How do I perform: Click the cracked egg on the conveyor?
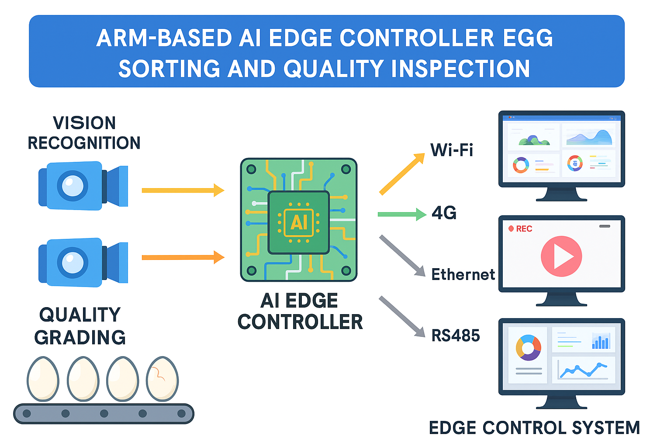tap(163, 379)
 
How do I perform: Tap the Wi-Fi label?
tap(451, 150)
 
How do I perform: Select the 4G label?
tap(444, 213)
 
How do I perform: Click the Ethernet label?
tap(463, 274)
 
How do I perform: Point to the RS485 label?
tap(455, 335)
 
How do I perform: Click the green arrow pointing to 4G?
tap(402, 214)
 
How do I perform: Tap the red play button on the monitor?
tap(561, 256)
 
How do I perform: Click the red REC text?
tap(524, 229)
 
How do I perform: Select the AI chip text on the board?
tap(299, 223)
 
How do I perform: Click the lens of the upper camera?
tap(73, 186)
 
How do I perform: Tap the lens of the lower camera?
tap(73, 262)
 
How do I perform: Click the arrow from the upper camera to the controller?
tap(183, 190)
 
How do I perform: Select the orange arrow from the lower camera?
tap(183, 257)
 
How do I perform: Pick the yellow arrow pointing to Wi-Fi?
tap(402, 174)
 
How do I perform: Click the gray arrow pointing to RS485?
tap(402, 317)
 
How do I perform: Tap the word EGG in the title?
tap(528, 38)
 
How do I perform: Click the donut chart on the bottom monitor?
tap(529, 348)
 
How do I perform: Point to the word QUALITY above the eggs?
tap(80, 315)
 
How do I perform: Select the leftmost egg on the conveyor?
tap(43, 379)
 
